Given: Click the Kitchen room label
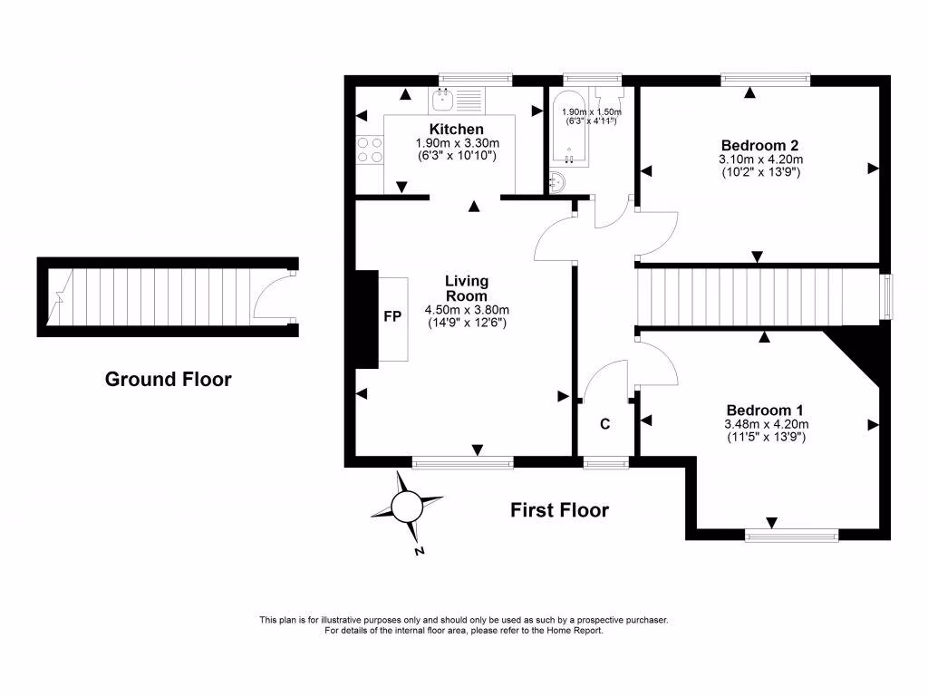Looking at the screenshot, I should [x=456, y=130].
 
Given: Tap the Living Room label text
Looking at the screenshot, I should [x=466, y=288].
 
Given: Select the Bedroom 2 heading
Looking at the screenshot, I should [x=759, y=145].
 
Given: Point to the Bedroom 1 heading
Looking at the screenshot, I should [x=763, y=410].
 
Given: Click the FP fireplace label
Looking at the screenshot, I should [x=393, y=318].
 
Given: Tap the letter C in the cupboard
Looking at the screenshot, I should [x=604, y=423].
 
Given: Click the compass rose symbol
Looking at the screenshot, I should [x=406, y=507].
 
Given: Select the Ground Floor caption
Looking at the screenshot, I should [x=168, y=379].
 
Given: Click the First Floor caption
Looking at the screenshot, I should [x=559, y=510].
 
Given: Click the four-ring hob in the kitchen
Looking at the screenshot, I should [x=369, y=150].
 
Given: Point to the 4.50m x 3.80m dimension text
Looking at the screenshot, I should [x=466, y=309].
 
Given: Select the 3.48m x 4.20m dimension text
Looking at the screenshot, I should [x=766, y=424].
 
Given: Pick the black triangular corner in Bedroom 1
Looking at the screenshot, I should [x=861, y=353].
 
